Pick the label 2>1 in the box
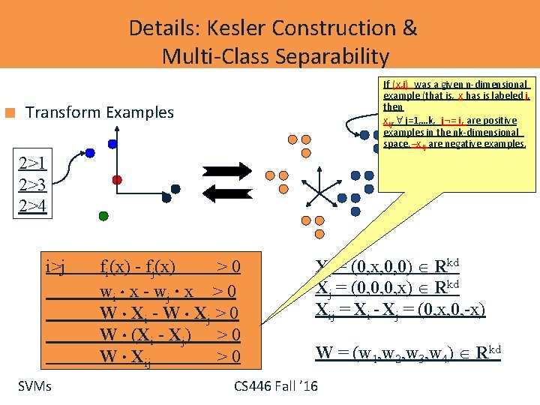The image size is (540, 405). (34, 163)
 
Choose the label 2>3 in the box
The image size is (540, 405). (34, 184)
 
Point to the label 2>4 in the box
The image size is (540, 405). (34, 205)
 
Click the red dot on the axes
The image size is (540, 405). (117, 180)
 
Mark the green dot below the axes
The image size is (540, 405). (103, 215)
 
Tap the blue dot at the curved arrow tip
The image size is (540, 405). (89, 152)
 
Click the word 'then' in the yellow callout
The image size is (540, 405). (393, 108)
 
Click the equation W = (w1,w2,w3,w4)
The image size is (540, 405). (409, 353)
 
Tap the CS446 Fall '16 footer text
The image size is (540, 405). (275, 386)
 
